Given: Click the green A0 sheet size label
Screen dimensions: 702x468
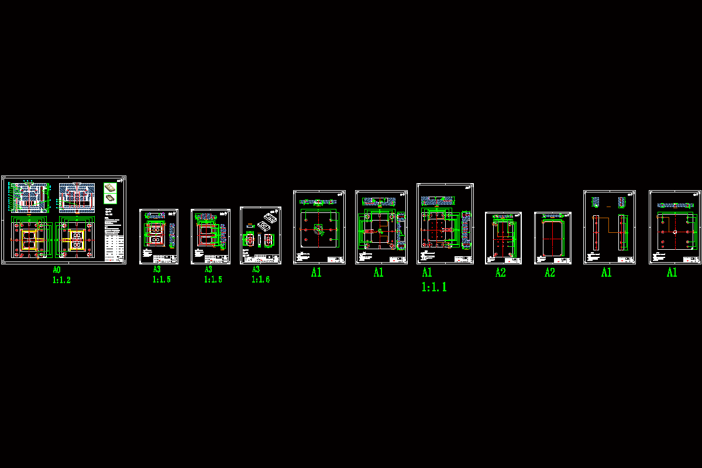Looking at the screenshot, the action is pos(56,270).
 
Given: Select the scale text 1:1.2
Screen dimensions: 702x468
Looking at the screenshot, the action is pos(61,280).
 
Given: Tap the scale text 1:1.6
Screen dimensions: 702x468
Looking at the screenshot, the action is pos(260,280).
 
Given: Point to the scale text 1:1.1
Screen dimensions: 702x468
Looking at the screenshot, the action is pos(434,287).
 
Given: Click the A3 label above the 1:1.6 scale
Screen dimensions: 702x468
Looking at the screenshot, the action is pos(256,270).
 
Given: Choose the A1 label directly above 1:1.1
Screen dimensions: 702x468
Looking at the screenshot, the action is pos(427,273).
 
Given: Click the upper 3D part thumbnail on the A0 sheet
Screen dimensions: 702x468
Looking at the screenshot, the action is pos(110,188).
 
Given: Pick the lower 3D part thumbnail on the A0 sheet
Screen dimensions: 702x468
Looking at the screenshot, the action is pos(110,198).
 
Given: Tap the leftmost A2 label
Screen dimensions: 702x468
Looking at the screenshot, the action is pos(500,273).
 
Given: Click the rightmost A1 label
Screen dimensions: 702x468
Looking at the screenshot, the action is pos(672,272).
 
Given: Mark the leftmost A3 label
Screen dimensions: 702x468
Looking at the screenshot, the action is pos(157,270).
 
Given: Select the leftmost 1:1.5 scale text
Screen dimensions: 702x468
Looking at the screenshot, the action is pos(161,280).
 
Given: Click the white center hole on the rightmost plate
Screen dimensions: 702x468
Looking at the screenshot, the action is pos(675,232).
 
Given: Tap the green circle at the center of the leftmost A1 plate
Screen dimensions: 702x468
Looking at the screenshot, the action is pos(318,229).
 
